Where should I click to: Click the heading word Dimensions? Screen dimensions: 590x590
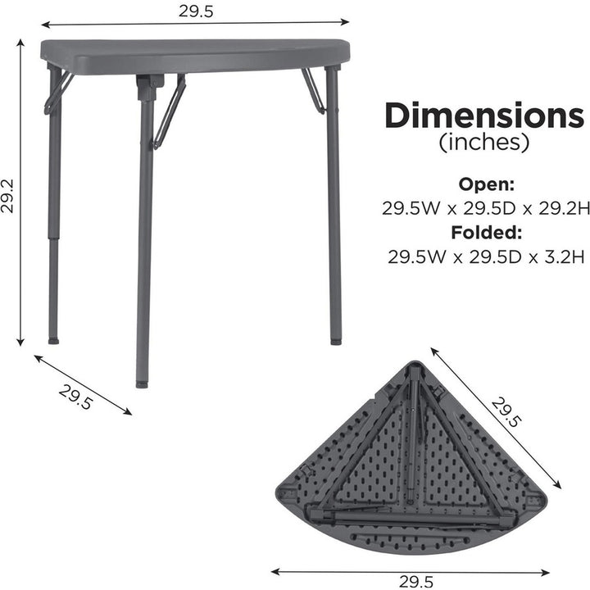click(484, 116)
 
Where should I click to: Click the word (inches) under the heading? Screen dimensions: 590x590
click(484, 143)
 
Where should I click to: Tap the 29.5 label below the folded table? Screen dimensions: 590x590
click(415, 581)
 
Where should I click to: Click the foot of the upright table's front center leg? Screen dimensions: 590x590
click(143, 382)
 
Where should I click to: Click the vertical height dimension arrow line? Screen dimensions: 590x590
click(20, 197)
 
